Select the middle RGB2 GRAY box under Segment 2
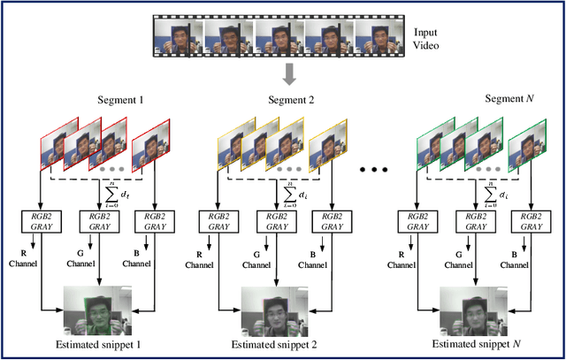269,220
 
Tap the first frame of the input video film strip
178,35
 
